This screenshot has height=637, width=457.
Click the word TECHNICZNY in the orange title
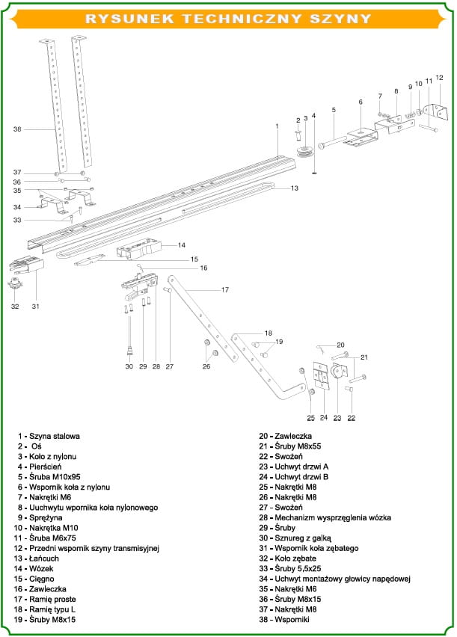point(242,19)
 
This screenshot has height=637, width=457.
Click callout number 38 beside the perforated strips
point(17,129)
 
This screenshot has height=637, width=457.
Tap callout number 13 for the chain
point(295,188)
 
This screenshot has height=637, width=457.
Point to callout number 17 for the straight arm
point(225,289)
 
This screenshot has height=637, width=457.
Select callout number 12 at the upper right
point(439,77)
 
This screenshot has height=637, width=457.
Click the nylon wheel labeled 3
point(306,151)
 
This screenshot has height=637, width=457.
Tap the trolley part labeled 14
point(138,249)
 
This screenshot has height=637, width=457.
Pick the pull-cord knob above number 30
point(129,351)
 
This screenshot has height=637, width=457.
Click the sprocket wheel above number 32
point(16,283)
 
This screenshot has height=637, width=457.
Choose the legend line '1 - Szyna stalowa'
point(49,437)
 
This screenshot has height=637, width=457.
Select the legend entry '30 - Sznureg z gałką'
point(295,538)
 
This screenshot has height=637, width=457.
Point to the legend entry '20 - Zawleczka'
point(286,437)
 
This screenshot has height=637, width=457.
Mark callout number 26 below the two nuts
point(206,366)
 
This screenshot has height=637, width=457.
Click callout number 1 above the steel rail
point(277,126)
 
